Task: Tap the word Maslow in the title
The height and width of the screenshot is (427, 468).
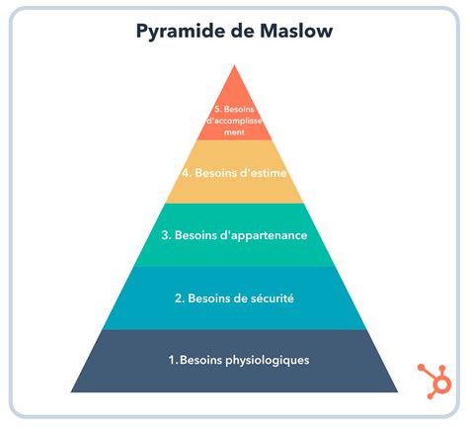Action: tap(296, 31)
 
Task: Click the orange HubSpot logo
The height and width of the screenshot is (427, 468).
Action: tap(434, 381)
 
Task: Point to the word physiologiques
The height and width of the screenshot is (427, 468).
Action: tap(268, 360)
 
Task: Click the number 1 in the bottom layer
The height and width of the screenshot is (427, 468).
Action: tap(173, 360)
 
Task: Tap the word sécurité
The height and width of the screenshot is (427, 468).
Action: tap(273, 299)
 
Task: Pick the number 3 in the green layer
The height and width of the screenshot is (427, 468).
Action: tap(166, 235)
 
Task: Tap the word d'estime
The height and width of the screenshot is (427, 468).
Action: tap(264, 173)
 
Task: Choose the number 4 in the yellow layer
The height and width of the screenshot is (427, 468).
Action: tap(187, 173)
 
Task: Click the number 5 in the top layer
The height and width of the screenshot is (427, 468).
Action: tap(218, 109)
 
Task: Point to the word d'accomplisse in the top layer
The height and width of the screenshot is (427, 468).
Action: tap(234, 121)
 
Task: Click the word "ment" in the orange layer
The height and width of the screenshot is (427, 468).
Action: tap(234, 132)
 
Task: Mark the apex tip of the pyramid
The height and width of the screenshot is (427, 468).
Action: tap(234, 65)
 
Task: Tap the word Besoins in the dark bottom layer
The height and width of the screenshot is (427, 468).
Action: tap(201, 360)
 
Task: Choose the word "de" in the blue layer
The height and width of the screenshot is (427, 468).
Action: tap(241, 299)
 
